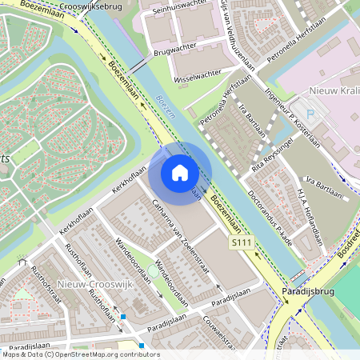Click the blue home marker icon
tap(180, 173)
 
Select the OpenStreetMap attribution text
tap(80, 354)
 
